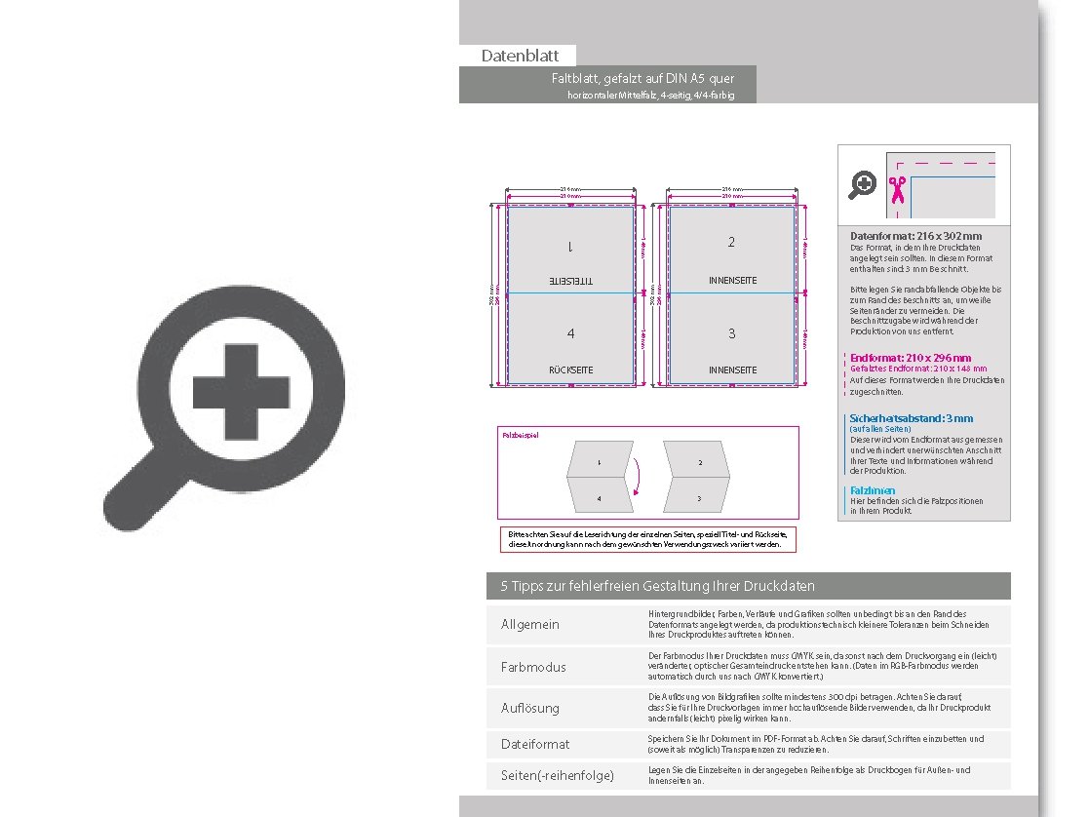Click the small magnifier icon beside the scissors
click(863, 184)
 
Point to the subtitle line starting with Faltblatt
click(642, 78)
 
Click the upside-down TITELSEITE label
click(570, 281)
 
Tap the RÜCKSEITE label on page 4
click(570, 370)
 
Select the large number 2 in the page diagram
click(731, 242)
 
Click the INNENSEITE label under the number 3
click(731, 370)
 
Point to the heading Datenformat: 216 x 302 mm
click(915, 236)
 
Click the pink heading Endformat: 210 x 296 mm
click(911, 358)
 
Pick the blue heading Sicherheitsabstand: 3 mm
click(911, 418)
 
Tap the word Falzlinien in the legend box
click(873, 490)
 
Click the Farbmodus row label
click(533, 667)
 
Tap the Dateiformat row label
click(535, 744)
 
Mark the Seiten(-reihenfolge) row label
click(557, 776)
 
